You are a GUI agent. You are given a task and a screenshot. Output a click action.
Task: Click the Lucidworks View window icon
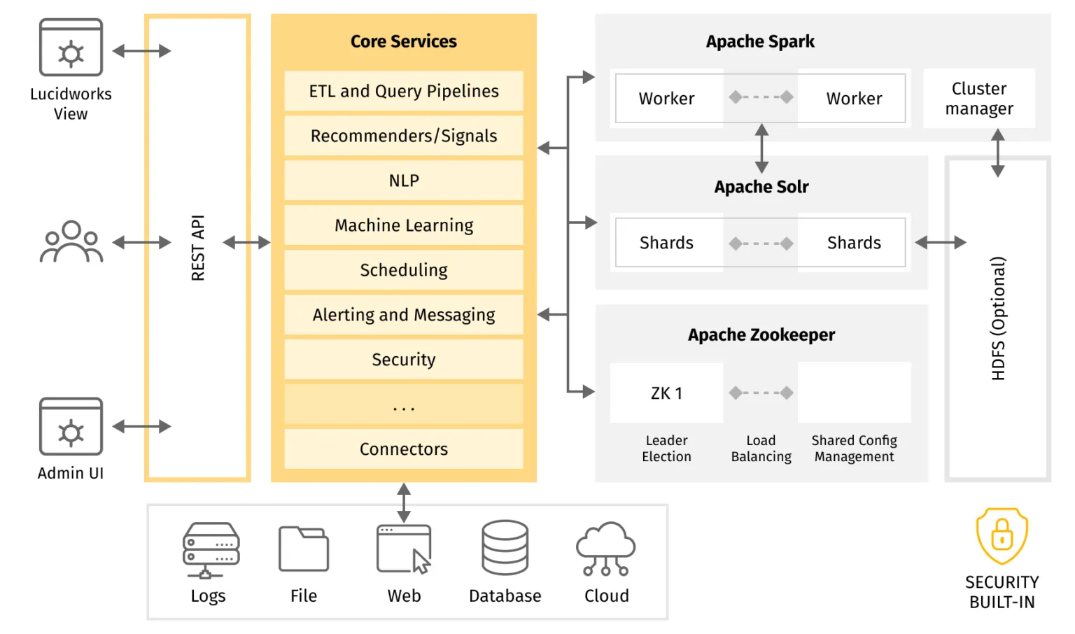coord(71,48)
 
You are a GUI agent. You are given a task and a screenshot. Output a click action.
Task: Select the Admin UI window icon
coord(71,427)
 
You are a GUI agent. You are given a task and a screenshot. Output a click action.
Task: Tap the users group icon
coord(71,242)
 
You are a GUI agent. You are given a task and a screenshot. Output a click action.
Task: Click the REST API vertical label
coord(198,248)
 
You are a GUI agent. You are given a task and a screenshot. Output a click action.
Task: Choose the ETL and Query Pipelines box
coord(404,91)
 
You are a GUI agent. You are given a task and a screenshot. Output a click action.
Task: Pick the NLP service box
coord(404,181)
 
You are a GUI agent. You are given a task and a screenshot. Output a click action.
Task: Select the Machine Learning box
coord(404,225)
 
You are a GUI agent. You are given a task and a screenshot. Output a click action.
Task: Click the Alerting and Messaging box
coord(404,315)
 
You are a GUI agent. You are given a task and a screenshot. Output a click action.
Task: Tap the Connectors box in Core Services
coord(404,449)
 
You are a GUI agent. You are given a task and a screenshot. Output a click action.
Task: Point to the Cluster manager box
coord(978,99)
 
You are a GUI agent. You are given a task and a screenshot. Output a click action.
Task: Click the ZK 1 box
coord(666,393)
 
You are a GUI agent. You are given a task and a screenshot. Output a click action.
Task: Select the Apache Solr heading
coord(761,187)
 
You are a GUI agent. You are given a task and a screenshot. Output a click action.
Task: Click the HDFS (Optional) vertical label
coord(998,318)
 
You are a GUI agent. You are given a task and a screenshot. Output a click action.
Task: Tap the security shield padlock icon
coord(1002,536)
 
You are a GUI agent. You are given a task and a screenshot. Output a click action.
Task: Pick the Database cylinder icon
coord(505,547)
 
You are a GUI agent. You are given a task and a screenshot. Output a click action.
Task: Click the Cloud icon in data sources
coord(605,549)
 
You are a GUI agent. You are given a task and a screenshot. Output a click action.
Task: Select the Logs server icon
coord(211,550)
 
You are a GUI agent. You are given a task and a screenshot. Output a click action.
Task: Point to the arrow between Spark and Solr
coord(761,148)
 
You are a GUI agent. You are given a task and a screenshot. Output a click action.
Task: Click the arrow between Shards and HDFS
coord(940,243)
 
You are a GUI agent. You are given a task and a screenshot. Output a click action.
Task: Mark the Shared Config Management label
coord(854,449)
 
